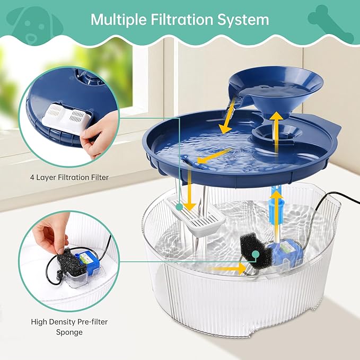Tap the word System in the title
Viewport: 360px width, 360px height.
(243, 20)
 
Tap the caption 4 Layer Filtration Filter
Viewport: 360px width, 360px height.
(70, 177)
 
